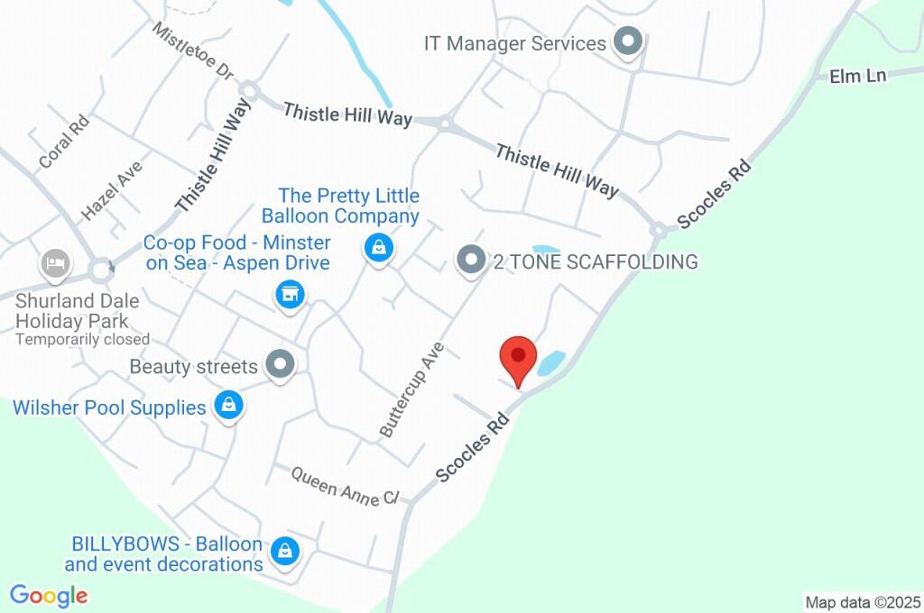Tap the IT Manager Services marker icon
click(x=626, y=41)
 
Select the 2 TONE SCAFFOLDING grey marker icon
click(x=470, y=261)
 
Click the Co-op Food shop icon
click(x=289, y=294)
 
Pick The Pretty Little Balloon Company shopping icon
click(x=378, y=247)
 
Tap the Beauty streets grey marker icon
click(x=282, y=365)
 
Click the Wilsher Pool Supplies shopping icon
click(x=229, y=406)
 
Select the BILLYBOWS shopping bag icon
click(x=285, y=550)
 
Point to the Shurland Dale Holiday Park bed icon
click(x=55, y=264)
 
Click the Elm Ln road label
click(x=858, y=76)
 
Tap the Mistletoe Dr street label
click(x=193, y=50)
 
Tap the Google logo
click(x=49, y=596)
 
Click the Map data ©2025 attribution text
click(x=863, y=601)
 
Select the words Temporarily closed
click(x=82, y=340)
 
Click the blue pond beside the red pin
click(x=551, y=362)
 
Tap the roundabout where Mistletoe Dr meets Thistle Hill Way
click(x=249, y=90)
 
